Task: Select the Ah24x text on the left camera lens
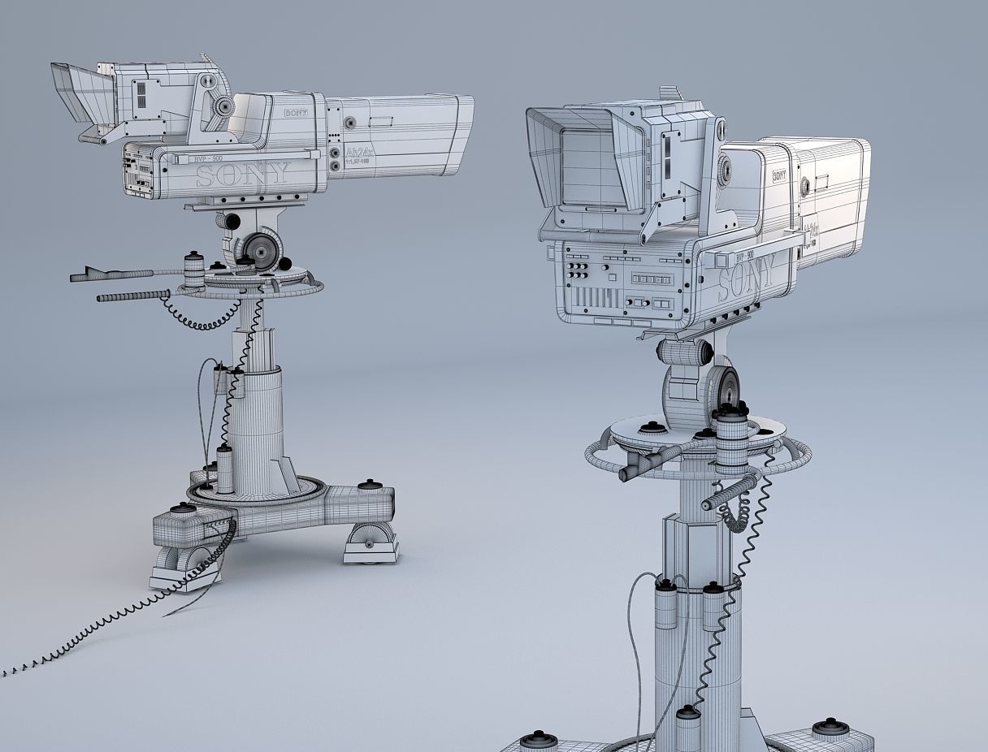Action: point(359,152)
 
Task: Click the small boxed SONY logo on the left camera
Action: point(296,115)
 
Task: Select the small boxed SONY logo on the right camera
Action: point(779,174)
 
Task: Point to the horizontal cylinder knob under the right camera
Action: point(684,352)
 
